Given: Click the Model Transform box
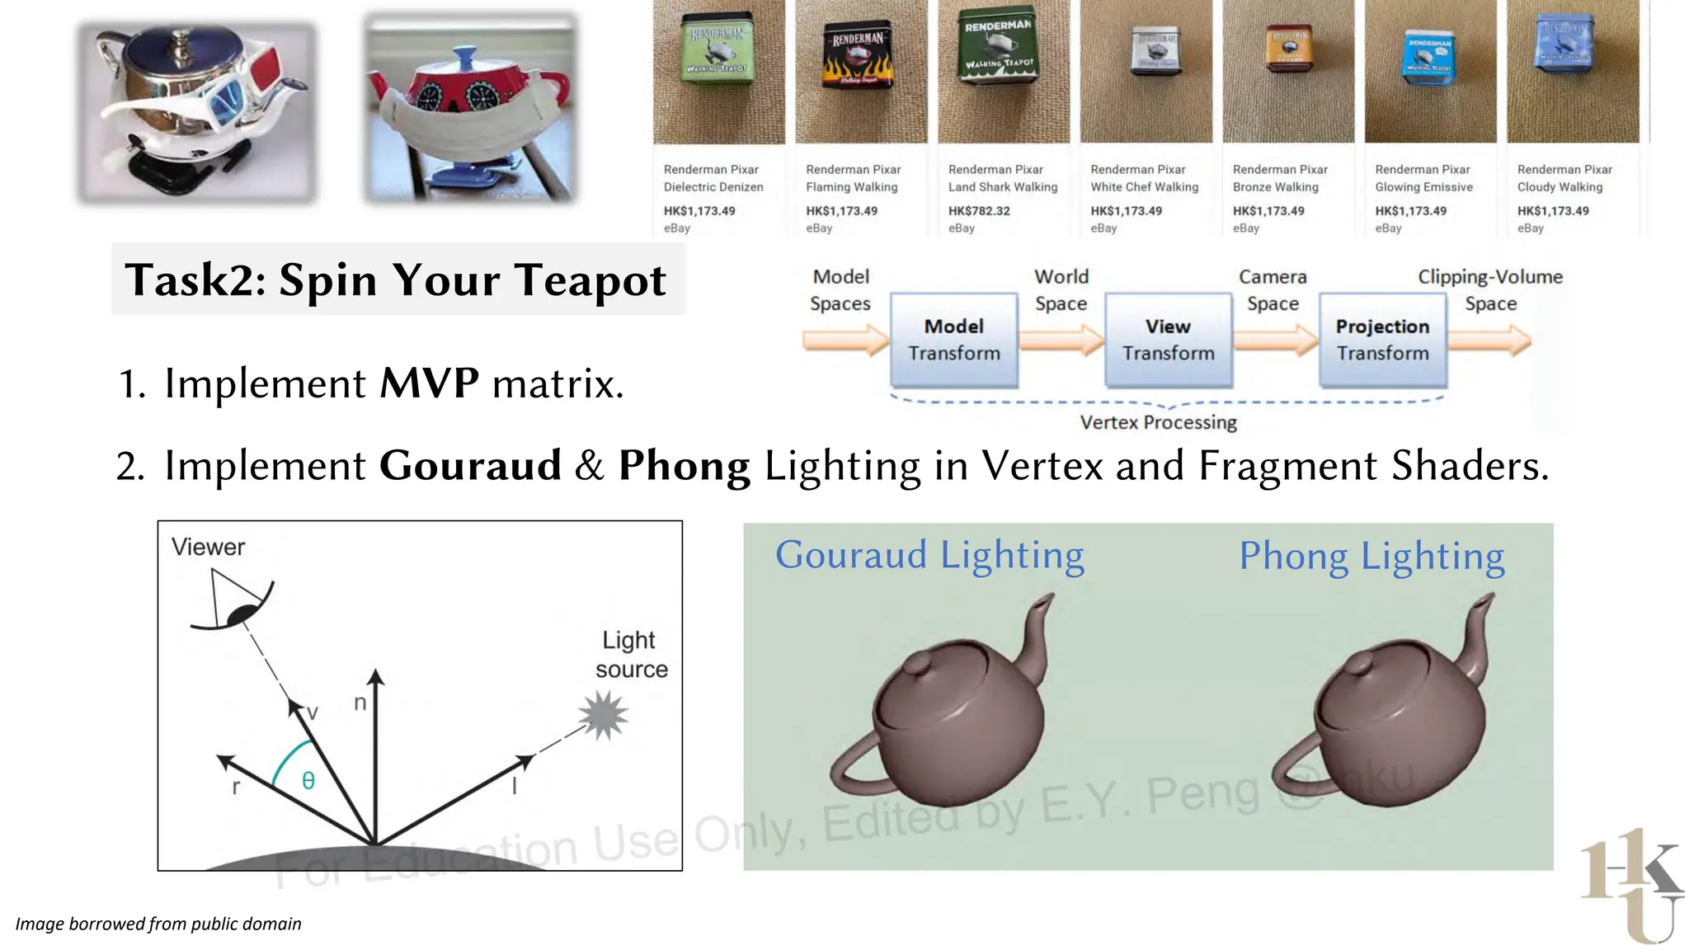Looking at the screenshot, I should [954, 340].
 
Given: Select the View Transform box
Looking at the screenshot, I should [1168, 340].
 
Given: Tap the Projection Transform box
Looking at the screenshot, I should [1382, 340].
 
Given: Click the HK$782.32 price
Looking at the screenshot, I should [979, 211].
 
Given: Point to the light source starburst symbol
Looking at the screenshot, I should [604, 715].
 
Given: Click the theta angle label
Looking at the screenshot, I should [308, 780].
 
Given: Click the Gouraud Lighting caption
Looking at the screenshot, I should [929, 555].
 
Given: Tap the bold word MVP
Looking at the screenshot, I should [429, 383].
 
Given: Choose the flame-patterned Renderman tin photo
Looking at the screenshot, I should [859, 58].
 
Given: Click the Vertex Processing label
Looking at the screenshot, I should [1158, 422].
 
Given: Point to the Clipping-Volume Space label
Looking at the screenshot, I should [1490, 289].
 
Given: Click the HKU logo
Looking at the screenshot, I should [1631, 885].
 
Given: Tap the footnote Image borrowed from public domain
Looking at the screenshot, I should [158, 924].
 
